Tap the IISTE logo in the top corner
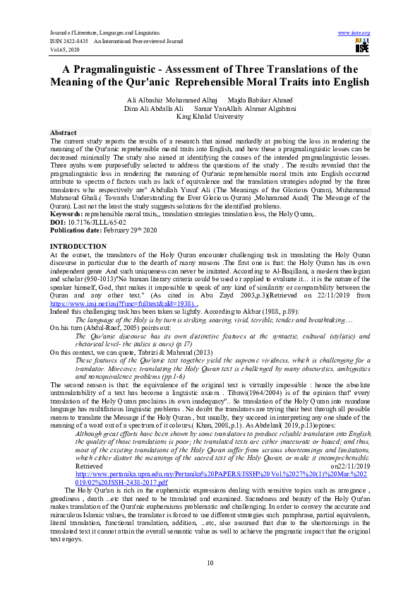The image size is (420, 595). click(x=362, y=47)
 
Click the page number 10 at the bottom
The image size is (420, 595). click(x=210, y=562)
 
